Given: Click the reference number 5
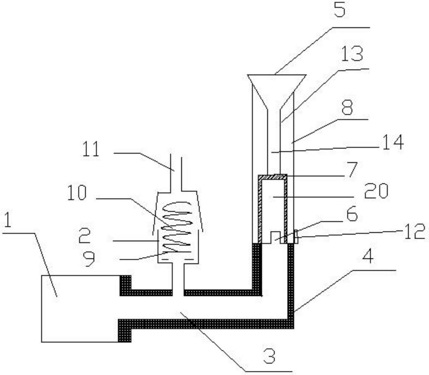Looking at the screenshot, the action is [x=339, y=9].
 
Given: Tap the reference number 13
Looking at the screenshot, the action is [x=352, y=54].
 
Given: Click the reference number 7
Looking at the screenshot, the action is [x=350, y=170].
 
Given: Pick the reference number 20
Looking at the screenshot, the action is [x=376, y=191].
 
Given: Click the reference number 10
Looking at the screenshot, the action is [x=77, y=193].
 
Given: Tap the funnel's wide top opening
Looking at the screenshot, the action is [x=277, y=75].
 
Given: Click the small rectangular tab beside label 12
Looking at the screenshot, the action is [x=296, y=237].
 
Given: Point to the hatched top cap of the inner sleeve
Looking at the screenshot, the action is [x=273, y=177].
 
